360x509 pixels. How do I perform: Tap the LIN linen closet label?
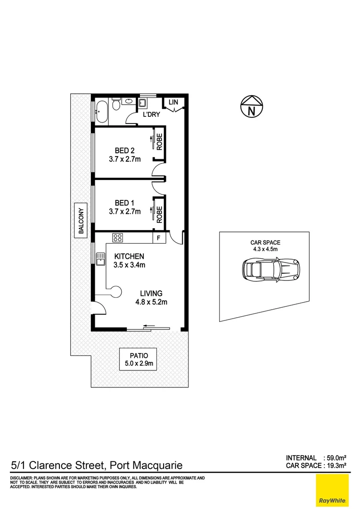pos(173,102)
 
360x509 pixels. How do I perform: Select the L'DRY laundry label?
pos(152,115)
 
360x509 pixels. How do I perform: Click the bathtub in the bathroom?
pos(102,112)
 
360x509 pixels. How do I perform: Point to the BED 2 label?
pos(125,151)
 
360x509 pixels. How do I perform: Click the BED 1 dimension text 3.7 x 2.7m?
pos(124,212)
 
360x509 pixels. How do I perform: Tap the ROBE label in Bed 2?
pos(160,142)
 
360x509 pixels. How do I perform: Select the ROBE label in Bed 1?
pos(160,214)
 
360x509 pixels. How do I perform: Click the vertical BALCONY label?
pos(81,221)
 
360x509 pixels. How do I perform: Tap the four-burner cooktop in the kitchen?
pos(117,238)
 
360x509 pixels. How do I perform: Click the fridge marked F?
pos(159,238)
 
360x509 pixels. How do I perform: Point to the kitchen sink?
pos(100,258)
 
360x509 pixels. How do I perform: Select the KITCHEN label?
pos(129,256)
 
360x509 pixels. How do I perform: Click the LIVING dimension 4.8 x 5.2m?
pos(151,303)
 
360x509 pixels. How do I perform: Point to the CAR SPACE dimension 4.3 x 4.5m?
pos(265,250)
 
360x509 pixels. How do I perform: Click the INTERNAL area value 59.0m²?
pos(335,458)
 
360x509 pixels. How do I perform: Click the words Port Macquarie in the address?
pos(146,466)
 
